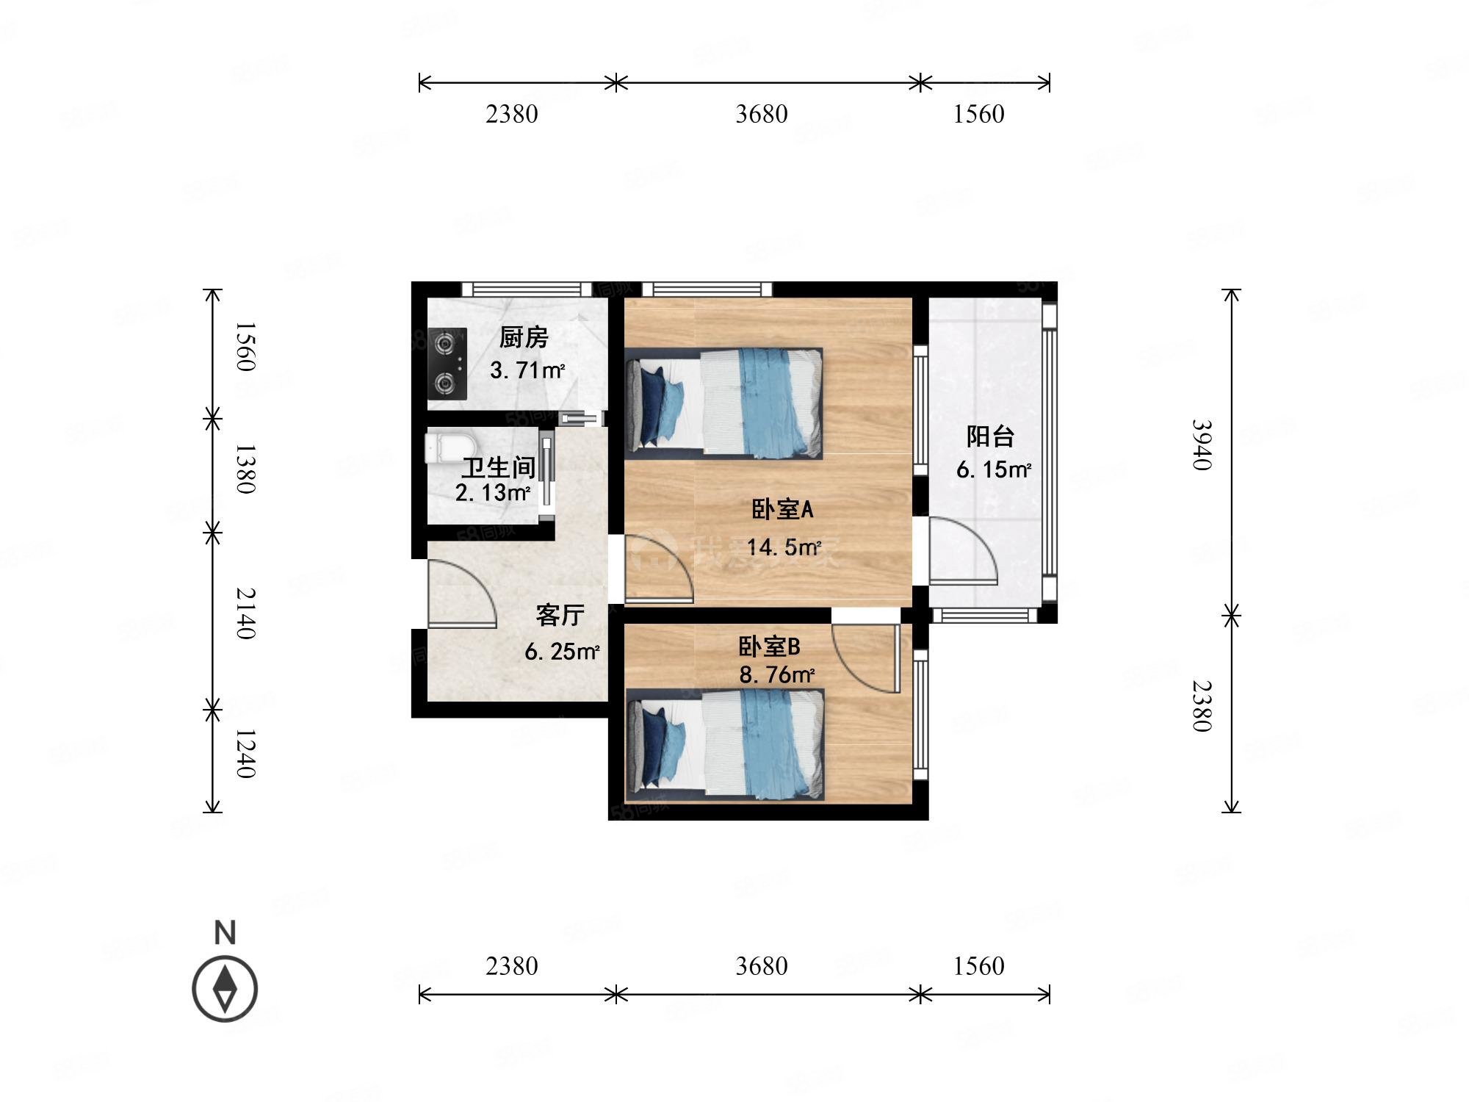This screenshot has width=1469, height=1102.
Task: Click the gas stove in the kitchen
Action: [x=448, y=364]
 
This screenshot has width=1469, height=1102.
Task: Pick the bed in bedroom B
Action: [x=725, y=744]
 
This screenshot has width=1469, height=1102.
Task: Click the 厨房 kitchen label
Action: [x=524, y=338]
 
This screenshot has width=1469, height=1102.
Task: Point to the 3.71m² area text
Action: [x=527, y=370]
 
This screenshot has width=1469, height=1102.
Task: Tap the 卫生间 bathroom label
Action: [x=499, y=467]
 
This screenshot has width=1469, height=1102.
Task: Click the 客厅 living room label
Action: [x=560, y=615]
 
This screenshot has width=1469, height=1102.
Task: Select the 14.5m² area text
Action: [x=784, y=547]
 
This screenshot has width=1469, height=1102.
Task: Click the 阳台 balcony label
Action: [x=990, y=436]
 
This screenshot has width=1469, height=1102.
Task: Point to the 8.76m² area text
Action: [x=777, y=674]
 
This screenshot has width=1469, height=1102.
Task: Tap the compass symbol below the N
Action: [x=225, y=989]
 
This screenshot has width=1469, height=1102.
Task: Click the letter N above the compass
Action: [x=225, y=932]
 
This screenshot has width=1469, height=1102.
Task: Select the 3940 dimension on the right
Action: [x=1202, y=444]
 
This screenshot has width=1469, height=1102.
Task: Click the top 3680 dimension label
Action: [x=762, y=114]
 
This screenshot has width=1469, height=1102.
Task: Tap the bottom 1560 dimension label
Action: [x=978, y=965]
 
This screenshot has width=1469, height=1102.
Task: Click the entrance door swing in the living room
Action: [x=461, y=594]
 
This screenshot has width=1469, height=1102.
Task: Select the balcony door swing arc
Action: [x=963, y=551]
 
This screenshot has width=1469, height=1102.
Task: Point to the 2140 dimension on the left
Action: [x=245, y=613]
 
